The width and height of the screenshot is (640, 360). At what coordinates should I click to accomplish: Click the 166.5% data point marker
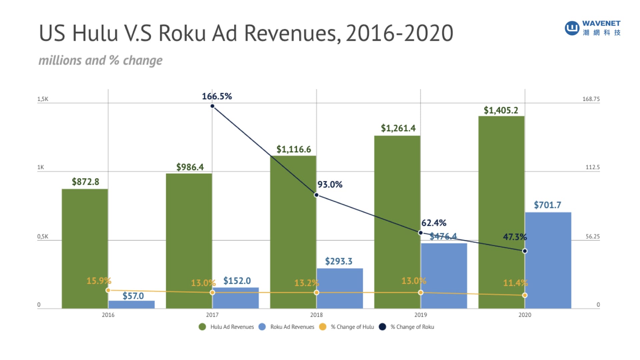coord(212,106)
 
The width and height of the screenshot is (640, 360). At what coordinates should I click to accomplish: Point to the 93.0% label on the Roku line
coord(330,184)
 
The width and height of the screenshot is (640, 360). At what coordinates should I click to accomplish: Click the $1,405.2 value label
coord(501,110)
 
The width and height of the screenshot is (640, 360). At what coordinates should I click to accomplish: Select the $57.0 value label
coord(133,296)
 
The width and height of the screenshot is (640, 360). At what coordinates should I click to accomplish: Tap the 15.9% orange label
coord(99,281)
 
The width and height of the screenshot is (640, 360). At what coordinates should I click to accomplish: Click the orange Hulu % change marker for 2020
coord(525,295)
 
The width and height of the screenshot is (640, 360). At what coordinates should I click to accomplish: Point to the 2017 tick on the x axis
coord(212,315)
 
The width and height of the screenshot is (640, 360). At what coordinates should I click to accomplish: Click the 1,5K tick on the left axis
coord(43,99)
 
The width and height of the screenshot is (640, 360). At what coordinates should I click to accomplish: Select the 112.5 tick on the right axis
coord(592,167)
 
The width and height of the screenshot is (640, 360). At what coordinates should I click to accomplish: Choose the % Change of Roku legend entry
coord(412,327)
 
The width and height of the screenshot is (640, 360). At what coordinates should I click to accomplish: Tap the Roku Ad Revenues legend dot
coord(262,327)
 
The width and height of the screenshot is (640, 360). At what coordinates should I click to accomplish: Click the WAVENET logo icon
coord(572,28)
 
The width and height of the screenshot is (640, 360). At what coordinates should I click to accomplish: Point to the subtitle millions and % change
coord(100,60)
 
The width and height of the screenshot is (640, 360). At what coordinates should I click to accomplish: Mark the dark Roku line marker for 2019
coord(420,233)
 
